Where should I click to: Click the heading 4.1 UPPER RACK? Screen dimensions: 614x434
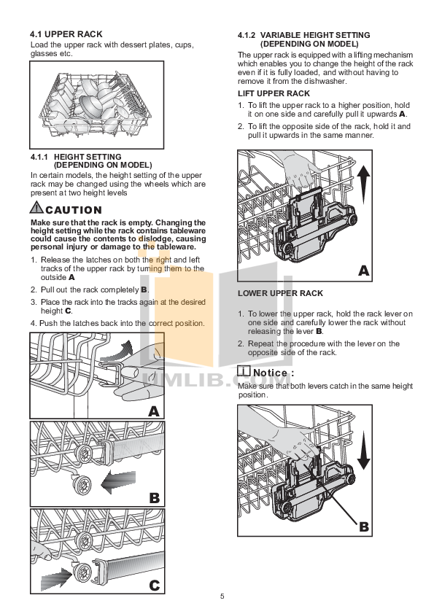pos(66,34)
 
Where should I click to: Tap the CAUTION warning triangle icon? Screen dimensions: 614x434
pos(36,210)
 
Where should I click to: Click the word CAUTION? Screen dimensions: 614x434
pos(73,211)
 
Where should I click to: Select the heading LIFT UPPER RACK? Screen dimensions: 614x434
pos(274,94)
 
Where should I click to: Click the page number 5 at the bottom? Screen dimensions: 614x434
pos(222,596)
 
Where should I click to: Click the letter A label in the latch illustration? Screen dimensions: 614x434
pos(153,411)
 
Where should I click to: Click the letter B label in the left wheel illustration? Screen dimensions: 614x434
pos(154,499)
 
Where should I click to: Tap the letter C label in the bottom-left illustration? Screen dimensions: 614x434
pos(154,585)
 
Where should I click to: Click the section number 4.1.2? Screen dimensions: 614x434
pos(249,35)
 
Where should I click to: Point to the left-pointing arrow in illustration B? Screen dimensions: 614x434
pos(117,482)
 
